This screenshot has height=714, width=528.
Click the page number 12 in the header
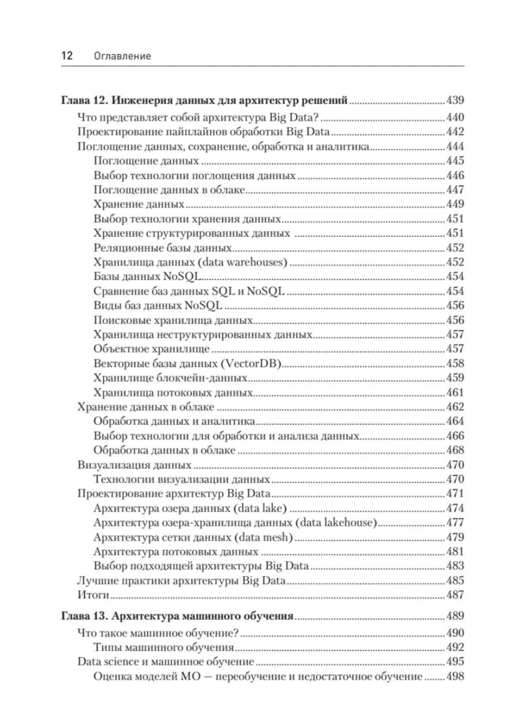(x=67, y=56)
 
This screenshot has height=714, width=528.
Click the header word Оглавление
(x=122, y=56)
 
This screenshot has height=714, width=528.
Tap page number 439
(x=455, y=100)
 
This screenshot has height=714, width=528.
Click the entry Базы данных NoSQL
(x=148, y=276)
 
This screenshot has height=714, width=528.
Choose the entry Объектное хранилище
(x=152, y=349)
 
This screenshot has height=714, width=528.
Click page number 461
(x=455, y=393)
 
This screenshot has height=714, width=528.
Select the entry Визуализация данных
(x=135, y=465)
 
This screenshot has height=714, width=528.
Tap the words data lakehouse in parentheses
(x=336, y=522)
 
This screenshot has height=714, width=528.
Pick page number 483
(x=455, y=566)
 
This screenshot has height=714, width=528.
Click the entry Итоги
(x=93, y=595)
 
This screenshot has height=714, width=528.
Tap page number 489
(x=455, y=616)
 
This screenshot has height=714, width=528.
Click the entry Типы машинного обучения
(x=164, y=647)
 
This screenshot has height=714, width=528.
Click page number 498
(x=455, y=676)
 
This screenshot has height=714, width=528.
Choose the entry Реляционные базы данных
(x=163, y=248)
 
